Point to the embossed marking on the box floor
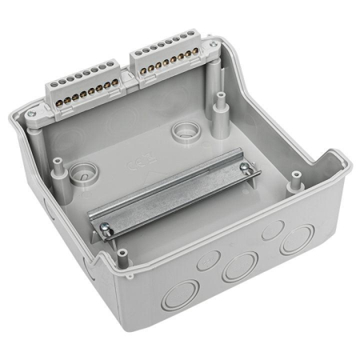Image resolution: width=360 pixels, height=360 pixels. click(135, 167)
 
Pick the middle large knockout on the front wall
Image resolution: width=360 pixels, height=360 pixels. click(240, 266)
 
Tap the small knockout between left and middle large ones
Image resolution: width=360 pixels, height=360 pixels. click(209, 259)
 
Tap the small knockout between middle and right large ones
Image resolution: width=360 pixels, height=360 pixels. click(271, 231)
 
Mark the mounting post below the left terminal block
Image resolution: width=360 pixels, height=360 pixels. click(58, 164)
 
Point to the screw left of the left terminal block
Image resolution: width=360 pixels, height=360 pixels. click(30, 114)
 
